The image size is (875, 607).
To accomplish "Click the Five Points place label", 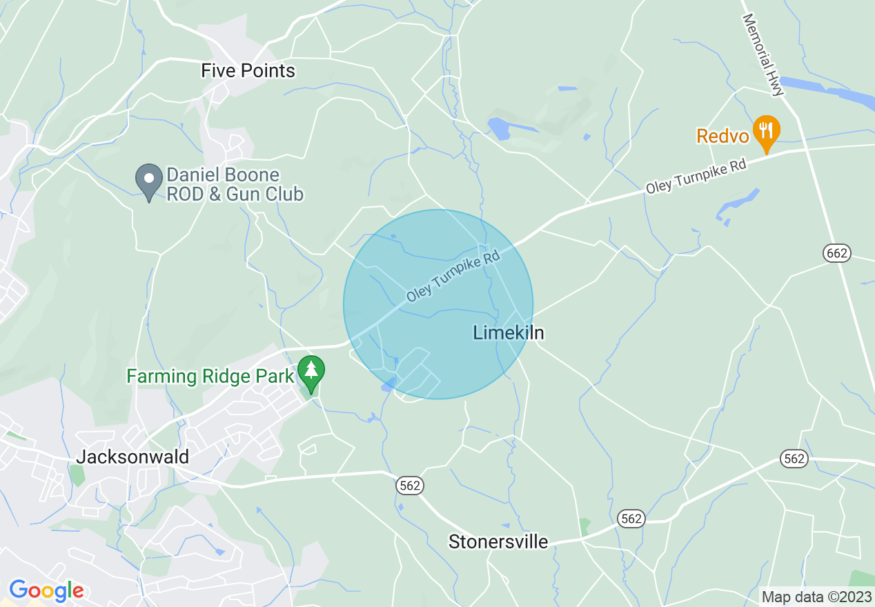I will pyautogui.click(x=248, y=70).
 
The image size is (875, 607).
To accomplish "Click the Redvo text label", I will pyautogui.click(x=722, y=136).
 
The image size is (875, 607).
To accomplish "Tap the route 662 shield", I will pyautogui.click(x=836, y=253).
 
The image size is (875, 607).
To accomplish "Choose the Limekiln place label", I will pyautogui.click(x=509, y=332).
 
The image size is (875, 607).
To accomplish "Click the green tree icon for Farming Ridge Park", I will pyautogui.click(x=311, y=372).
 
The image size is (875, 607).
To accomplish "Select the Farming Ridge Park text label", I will pyautogui.click(x=210, y=377).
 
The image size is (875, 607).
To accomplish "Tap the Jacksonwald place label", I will pyautogui.click(x=132, y=457).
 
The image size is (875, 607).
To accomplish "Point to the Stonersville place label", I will pyautogui.click(x=498, y=541).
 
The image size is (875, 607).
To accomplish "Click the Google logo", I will pyautogui.click(x=46, y=590).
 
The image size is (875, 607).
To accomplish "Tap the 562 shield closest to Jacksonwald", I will pyautogui.click(x=410, y=486).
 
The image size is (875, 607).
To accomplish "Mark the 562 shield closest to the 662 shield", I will pyautogui.click(x=795, y=458).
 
